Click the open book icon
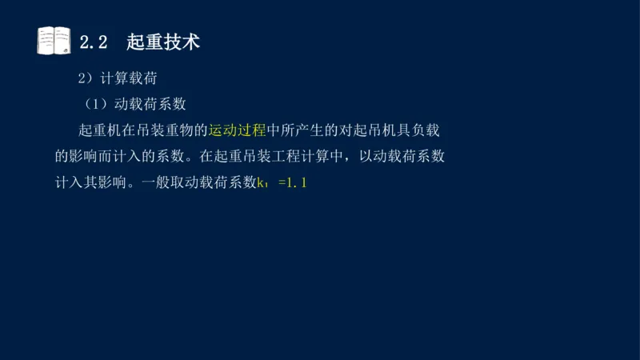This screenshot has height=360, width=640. click(54, 41)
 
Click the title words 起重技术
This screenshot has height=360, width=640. click(163, 42)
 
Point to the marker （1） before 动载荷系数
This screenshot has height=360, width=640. click(99, 104)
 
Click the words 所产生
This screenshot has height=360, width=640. click(317, 130)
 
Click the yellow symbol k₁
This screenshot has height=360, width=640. click(262, 183)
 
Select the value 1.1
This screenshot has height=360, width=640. click(297, 183)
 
